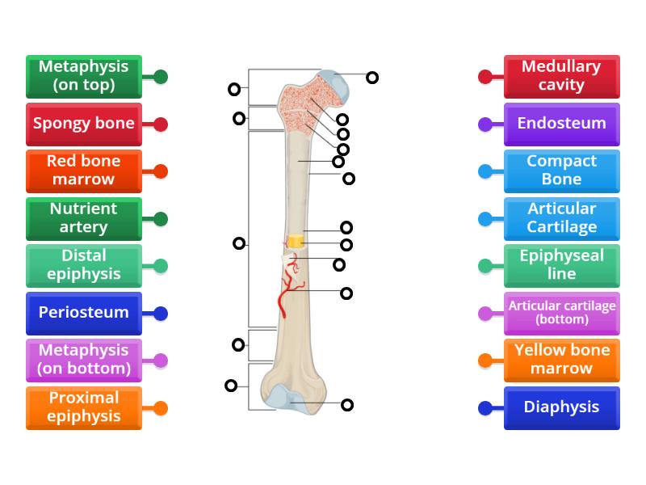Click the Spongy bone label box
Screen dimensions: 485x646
tap(83, 124)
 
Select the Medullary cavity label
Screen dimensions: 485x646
tap(561, 76)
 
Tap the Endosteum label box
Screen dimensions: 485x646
tap(561, 124)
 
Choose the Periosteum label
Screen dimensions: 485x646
tap(83, 313)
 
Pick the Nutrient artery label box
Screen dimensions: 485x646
tap(83, 218)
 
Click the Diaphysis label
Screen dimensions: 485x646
tap(561, 407)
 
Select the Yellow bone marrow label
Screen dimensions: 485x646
tap(561, 360)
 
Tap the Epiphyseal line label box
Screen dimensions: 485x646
tap(561, 265)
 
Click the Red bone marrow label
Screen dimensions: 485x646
tap(83, 171)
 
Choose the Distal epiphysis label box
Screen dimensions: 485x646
tap(83, 265)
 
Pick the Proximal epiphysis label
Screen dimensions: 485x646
tap(83, 407)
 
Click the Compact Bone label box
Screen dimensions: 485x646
tap(561, 171)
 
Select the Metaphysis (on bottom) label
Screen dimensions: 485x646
tap(83, 360)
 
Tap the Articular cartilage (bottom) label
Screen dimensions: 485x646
tap(561, 313)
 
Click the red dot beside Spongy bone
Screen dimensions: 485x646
tap(161, 124)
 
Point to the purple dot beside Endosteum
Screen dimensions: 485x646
tap(485, 124)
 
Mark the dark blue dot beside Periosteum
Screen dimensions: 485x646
tap(161, 314)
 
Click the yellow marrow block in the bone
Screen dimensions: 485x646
tap(296, 242)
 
